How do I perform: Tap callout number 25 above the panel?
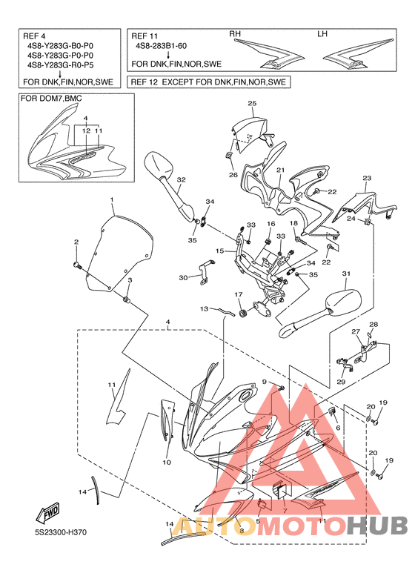[x=252, y=104]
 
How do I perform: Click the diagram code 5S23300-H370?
[x=59, y=532]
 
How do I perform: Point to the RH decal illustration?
[x=270, y=54]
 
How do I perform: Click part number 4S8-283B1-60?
[x=161, y=46]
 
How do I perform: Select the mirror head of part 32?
[x=158, y=164]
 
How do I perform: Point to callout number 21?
[x=280, y=170]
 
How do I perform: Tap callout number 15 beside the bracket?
[x=219, y=251]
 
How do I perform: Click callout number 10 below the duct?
[x=167, y=463]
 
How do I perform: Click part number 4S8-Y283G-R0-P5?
[x=61, y=65]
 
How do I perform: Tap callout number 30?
[x=183, y=278]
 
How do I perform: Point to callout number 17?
[x=238, y=294]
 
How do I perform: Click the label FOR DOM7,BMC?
[x=51, y=99]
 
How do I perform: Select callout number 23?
[x=367, y=179]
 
